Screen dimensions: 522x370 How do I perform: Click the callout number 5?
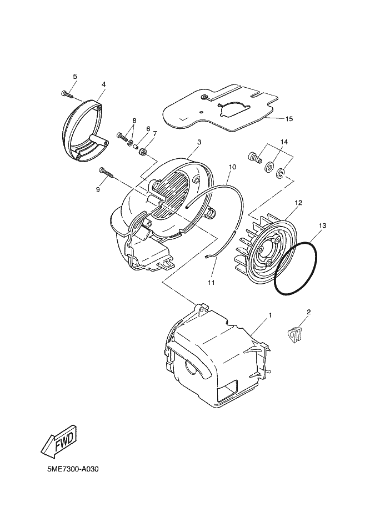point(75,76)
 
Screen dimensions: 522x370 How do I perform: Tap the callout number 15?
point(289,119)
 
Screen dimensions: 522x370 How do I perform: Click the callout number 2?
point(309,312)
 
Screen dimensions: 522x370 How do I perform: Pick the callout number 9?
point(98,189)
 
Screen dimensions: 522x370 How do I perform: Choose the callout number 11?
point(211,283)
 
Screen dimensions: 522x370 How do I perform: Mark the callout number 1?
point(270,315)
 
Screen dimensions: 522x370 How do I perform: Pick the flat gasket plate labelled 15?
point(222,108)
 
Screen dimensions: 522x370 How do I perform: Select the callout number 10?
point(232,167)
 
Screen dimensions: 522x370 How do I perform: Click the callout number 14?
point(284,143)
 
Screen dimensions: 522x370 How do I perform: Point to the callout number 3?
point(199,142)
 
